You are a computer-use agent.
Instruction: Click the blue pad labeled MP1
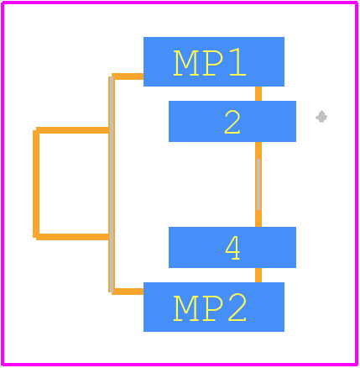pos(214,61)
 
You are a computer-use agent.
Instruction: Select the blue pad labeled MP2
pos(214,307)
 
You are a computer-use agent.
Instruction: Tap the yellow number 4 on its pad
pos(232,248)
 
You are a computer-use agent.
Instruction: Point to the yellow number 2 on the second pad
pos(232,122)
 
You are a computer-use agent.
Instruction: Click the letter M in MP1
pos(185,63)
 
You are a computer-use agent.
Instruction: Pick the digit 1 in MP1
pos(237,62)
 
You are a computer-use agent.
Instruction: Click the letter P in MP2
pos(212,308)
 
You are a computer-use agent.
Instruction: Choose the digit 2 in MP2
pos(237,307)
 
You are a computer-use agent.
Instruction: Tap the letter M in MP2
pos(185,308)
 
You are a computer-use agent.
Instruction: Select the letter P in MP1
pos(212,63)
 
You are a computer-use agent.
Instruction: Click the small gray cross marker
pos(321,117)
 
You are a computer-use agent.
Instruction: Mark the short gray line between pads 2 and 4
pos(258,184)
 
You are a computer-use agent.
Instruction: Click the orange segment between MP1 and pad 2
pos(258,93)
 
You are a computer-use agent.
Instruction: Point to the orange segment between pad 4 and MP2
pos(258,275)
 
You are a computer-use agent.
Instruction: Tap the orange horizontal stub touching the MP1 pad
pos(128,76)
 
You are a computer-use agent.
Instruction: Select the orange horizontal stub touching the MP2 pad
pos(128,292)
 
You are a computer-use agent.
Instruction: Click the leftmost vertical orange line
pos(36,184)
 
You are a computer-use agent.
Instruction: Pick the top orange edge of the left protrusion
pos(72,130)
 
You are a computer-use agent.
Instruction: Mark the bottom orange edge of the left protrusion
pos(72,237)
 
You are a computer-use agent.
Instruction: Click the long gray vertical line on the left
pos(112,184)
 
